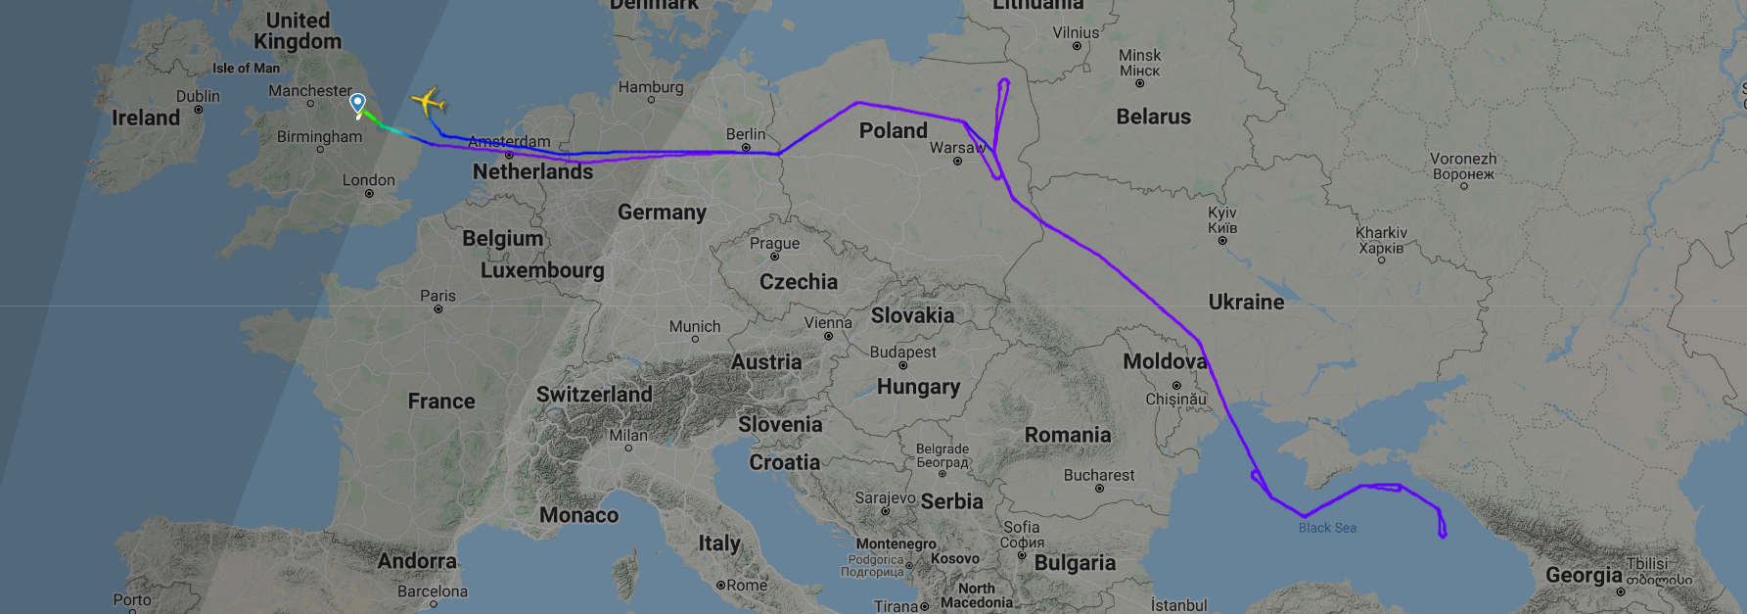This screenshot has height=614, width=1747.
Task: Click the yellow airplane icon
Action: pyautogui.click(x=428, y=101)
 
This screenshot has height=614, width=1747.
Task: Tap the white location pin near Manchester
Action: pyautogui.click(x=358, y=104)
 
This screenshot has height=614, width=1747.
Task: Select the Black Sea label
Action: pyautogui.click(x=1327, y=528)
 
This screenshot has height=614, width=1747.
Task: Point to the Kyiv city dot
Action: pyautogui.click(x=1222, y=240)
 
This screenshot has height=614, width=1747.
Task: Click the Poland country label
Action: pyautogui.click(x=893, y=130)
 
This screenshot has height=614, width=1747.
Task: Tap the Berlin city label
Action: pyautogui.click(x=746, y=134)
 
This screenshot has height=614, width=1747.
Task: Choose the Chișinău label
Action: pyautogui.click(x=1176, y=400)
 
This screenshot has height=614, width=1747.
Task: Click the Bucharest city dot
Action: pyautogui.click(x=1099, y=489)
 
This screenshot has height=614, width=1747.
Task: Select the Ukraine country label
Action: pyautogui.click(x=1246, y=302)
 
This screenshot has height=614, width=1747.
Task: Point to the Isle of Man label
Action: pyautogui.click(x=246, y=69)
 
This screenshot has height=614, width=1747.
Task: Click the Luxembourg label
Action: pyautogui.click(x=542, y=270)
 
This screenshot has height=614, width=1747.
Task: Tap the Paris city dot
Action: pyautogui.click(x=438, y=309)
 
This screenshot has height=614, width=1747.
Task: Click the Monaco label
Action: pyautogui.click(x=578, y=515)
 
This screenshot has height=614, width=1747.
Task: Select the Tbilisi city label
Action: pyautogui.click(x=1647, y=564)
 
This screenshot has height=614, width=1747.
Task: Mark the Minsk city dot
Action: pyautogui.click(x=1139, y=83)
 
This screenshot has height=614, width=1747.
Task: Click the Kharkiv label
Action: pyautogui.click(x=1381, y=240)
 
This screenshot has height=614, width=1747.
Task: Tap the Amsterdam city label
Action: pyautogui.click(x=509, y=142)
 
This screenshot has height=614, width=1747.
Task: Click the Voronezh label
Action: pyautogui.click(x=1463, y=166)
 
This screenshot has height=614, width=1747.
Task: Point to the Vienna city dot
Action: pyautogui.click(x=828, y=336)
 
